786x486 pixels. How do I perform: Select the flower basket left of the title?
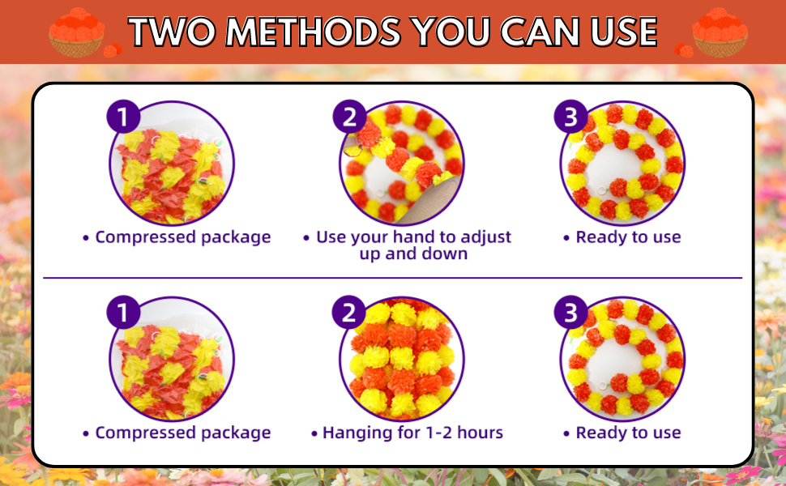(77, 34)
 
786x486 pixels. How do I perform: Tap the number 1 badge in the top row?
(122, 117)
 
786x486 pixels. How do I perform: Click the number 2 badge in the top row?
(349, 117)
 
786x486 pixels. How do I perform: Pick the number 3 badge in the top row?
(570, 117)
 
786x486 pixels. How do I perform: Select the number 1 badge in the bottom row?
(122, 313)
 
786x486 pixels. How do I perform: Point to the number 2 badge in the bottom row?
(349, 313)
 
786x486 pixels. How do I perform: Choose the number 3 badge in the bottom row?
(570, 313)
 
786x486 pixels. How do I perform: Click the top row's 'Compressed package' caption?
(182, 237)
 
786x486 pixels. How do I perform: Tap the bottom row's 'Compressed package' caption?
(182, 433)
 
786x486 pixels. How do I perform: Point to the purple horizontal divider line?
(392, 278)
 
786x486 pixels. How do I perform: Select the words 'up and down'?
(413, 254)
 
